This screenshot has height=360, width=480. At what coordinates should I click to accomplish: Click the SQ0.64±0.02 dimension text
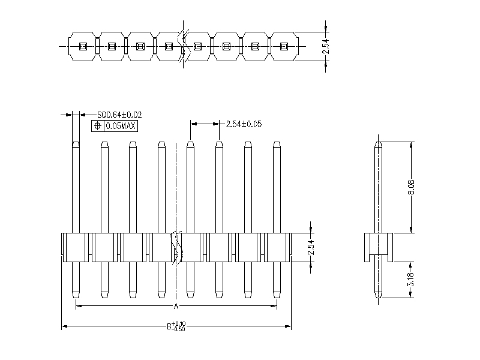(119, 114)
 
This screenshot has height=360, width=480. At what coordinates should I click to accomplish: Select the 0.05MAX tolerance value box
(121, 126)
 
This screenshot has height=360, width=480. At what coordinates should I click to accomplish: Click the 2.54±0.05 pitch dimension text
(244, 124)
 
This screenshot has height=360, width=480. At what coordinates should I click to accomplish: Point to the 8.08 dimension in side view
(411, 187)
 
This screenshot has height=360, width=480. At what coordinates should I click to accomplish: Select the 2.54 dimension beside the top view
(325, 46)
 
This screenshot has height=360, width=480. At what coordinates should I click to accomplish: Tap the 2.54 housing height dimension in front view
(310, 247)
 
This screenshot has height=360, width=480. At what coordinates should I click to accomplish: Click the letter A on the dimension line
(176, 307)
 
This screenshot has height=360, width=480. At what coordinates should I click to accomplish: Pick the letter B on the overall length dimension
(169, 327)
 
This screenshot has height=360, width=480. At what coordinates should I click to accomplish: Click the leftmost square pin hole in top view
(83, 46)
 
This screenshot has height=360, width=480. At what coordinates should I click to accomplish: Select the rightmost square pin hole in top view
(284, 46)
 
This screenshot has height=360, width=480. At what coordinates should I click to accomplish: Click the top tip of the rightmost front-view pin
(277, 144)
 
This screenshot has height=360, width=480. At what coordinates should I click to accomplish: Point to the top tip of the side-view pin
(378, 144)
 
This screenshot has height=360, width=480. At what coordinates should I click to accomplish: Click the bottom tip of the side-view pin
(378, 298)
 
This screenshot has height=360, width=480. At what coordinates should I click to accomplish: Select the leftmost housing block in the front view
(75, 247)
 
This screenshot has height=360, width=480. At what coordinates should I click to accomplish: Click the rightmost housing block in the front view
(277, 247)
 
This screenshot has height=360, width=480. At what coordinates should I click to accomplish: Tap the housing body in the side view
(378, 246)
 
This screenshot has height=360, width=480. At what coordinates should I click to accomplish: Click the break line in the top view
(184, 46)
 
